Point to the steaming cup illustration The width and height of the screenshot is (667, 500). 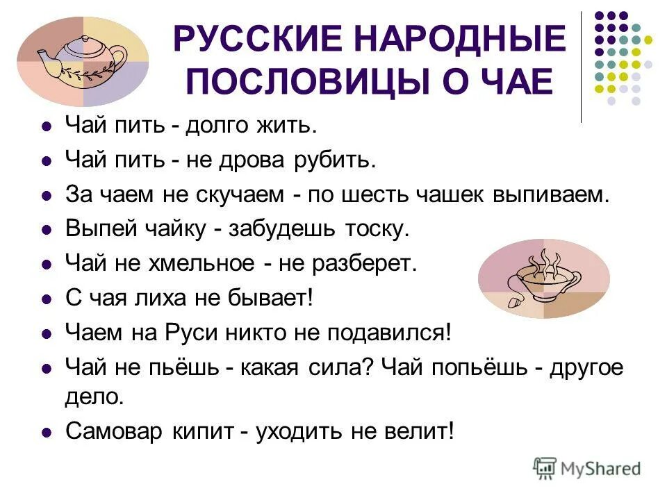pos(544,278)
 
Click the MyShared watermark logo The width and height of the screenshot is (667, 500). pos(587,468)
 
